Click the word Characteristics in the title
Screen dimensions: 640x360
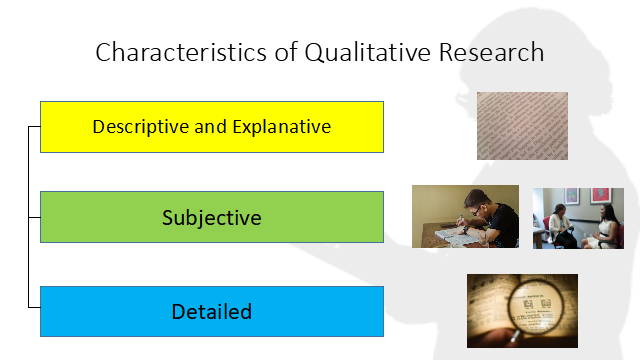pos(181,52)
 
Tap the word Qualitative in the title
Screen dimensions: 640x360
pos(367,53)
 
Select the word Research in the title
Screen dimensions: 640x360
pos(491,52)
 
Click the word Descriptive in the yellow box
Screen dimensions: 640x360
pos(140,127)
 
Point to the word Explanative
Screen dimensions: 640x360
pos(282,127)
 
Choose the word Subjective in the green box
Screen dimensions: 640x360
pos(211,218)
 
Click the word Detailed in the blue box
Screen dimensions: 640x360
pos(211,311)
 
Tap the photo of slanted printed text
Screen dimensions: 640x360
pos(522,126)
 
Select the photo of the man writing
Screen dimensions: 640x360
pos(465,216)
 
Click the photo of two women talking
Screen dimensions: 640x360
pos(578,218)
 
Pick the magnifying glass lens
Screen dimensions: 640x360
pos(536,307)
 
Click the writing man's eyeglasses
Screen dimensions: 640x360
pos(476,210)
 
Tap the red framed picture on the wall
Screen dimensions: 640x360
pos(600,195)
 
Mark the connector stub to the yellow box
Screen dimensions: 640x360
pos(34,127)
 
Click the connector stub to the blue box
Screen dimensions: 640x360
pos(34,307)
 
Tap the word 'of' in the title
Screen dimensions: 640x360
pos(286,52)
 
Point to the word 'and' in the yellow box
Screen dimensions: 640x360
pos(210,127)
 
